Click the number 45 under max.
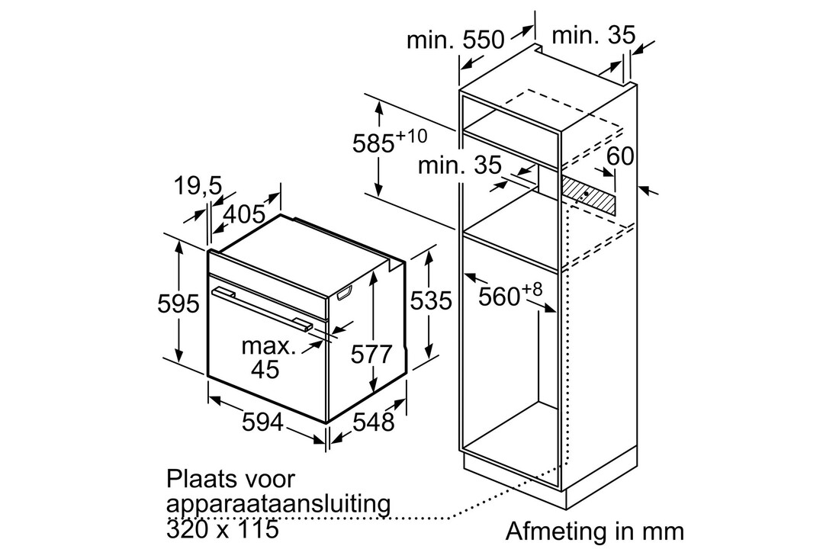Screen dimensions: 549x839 (x=265, y=370)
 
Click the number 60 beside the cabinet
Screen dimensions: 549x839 (x=621, y=156)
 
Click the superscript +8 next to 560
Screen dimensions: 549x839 (x=532, y=289)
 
